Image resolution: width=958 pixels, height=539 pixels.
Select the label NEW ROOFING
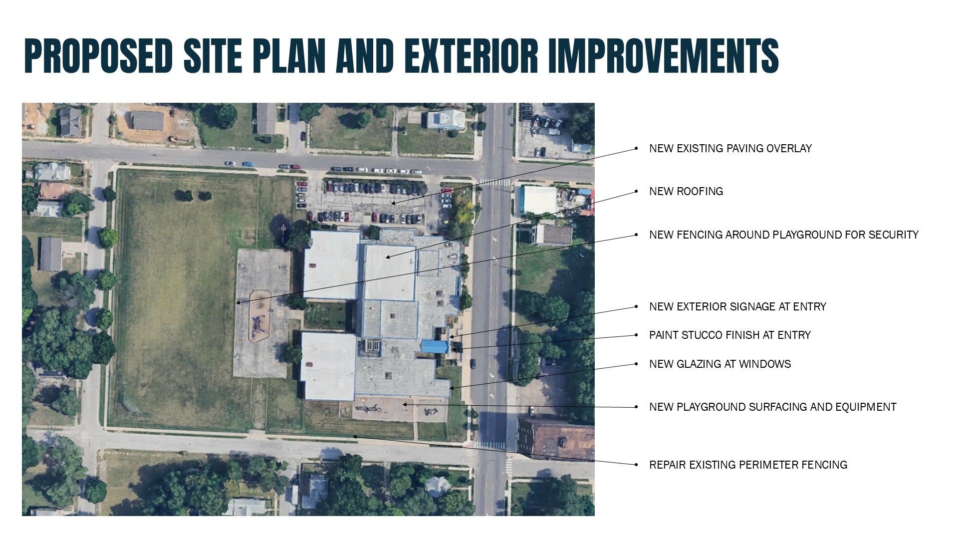click(x=686, y=191)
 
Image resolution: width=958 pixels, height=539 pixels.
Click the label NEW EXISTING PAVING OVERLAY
click(x=730, y=148)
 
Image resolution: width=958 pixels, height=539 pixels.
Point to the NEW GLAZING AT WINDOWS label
click(x=720, y=364)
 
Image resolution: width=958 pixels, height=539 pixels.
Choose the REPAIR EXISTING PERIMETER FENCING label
click(x=748, y=465)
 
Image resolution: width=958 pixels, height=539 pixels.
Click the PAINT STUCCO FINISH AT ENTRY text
click(x=730, y=335)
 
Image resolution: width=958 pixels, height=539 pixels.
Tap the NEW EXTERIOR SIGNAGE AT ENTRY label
click(x=737, y=306)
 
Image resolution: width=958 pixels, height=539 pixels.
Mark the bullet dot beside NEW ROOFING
click(x=636, y=191)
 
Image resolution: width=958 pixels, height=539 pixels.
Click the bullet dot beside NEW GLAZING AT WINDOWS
click(x=636, y=364)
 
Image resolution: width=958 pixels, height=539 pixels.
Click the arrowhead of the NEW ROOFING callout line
click(x=387, y=258)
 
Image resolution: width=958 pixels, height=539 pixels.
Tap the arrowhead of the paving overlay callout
click(x=393, y=203)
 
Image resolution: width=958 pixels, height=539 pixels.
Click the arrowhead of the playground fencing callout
click(x=238, y=303)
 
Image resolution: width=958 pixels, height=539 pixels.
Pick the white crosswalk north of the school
click(x=495, y=182)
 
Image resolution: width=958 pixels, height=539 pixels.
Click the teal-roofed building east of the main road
click(x=539, y=199)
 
